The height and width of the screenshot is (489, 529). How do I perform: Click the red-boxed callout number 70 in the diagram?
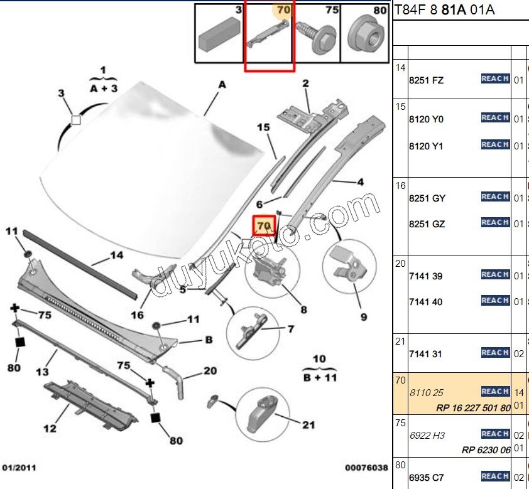point(263,225)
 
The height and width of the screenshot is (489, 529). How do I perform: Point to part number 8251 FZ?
point(426,80)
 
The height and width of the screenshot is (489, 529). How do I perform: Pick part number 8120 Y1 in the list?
point(426,146)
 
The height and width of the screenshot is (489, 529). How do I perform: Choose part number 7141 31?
point(425,354)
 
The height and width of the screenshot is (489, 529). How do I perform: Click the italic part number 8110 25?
point(426,393)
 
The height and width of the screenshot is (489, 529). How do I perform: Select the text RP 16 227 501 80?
point(474,408)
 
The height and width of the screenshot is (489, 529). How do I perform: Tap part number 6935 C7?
point(427,477)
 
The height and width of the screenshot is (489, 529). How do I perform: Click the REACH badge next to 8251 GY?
point(495,197)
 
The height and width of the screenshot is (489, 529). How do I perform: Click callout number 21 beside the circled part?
point(308,426)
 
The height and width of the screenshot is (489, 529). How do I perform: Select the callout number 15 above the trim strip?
point(263,127)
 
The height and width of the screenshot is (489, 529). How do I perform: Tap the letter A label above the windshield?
point(222,83)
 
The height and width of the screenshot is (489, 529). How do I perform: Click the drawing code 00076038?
point(366,468)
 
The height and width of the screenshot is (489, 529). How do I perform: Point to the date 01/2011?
point(19,468)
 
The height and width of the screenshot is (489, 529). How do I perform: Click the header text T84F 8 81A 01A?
point(444,9)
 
